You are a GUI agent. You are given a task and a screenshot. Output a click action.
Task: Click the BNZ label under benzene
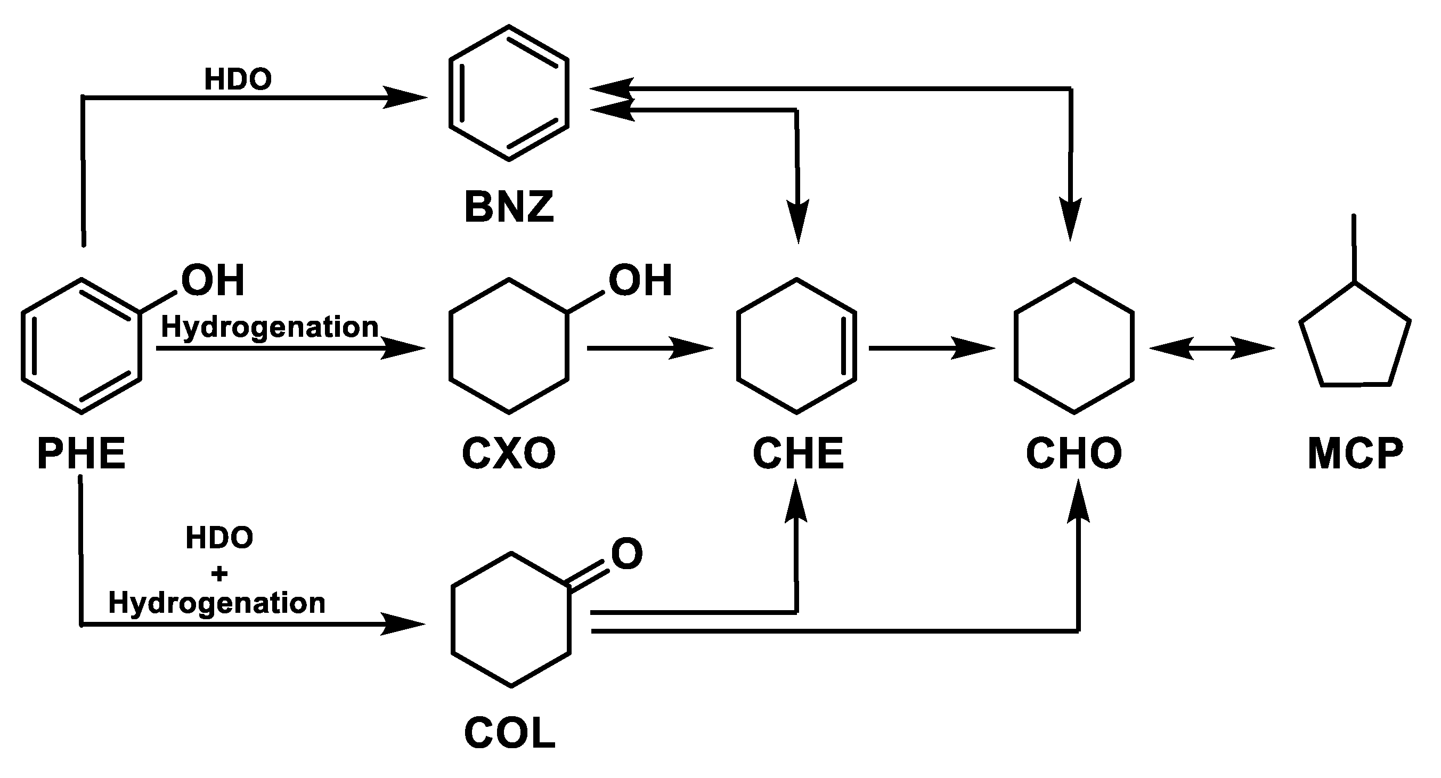click(x=509, y=207)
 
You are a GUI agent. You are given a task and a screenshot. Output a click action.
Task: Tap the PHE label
click(x=82, y=453)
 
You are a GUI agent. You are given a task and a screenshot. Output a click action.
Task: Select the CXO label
click(x=509, y=453)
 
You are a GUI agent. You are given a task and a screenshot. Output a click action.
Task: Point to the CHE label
click(x=797, y=453)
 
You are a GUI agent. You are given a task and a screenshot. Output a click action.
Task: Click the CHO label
click(x=1073, y=453)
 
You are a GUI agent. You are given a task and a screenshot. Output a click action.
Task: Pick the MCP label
click(x=1355, y=453)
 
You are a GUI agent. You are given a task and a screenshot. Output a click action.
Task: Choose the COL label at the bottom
click(x=510, y=733)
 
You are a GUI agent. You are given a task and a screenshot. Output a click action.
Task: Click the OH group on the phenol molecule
click(x=213, y=280)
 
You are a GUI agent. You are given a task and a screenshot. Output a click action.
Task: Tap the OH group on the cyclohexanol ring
click(x=640, y=280)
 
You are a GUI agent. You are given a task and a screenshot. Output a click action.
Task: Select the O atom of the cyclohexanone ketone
click(x=626, y=554)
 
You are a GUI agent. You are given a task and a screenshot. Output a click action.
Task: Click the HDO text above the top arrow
click(x=238, y=79)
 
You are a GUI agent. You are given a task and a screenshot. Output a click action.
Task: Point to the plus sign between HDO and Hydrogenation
click(x=219, y=573)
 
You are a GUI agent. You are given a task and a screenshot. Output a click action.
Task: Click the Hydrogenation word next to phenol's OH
click(x=270, y=327)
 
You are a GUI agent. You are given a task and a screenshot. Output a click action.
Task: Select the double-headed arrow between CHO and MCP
click(x=1211, y=348)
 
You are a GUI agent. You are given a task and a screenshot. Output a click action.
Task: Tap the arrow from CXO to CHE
click(x=649, y=348)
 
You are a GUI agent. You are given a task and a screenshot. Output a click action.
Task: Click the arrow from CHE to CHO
click(x=931, y=348)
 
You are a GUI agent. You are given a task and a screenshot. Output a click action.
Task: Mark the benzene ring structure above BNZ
click(x=509, y=93)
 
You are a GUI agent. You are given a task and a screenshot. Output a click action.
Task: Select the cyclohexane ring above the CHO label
click(x=1074, y=346)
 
